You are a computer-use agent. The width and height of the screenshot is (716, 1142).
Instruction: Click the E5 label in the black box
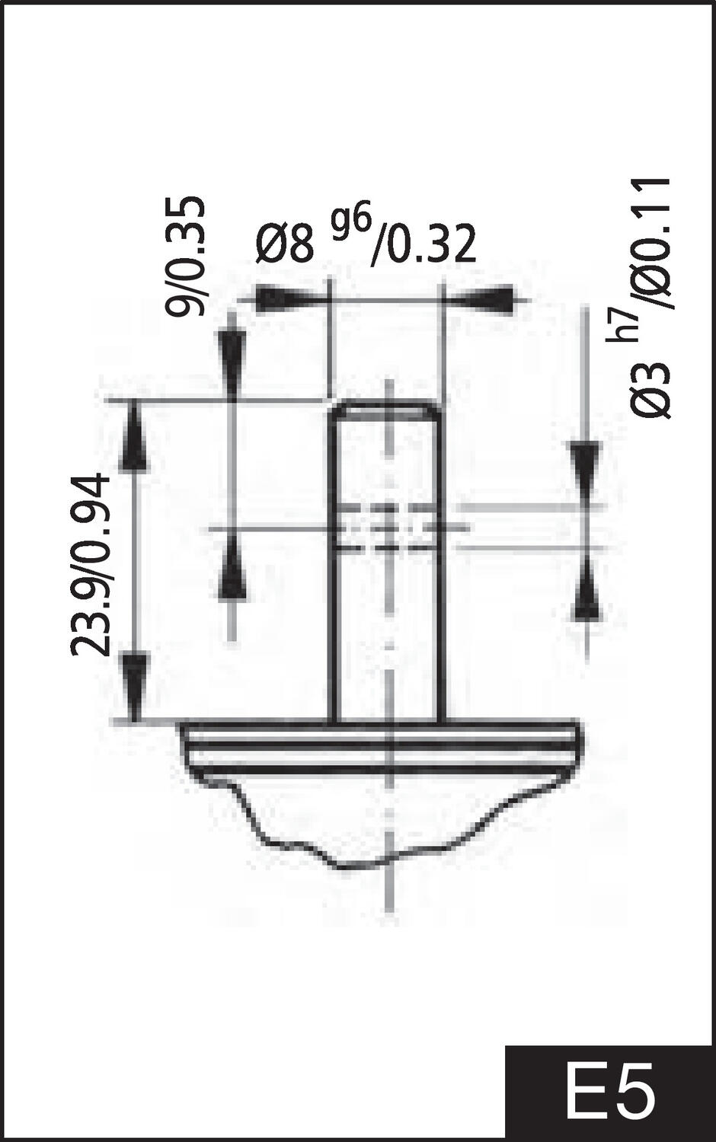pos(609,1095)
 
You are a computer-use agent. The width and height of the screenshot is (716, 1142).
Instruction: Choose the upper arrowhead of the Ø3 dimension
pos(585,468)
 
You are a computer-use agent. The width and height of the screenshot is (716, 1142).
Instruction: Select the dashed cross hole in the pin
pos(387,527)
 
